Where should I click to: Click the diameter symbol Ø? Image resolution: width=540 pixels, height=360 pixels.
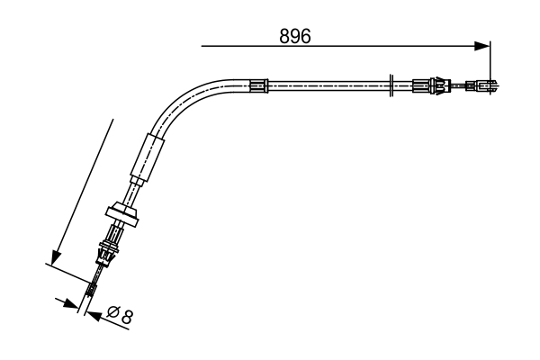pyautogui.click(x=114, y=316)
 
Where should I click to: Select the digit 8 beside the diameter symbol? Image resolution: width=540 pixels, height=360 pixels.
pyautogui.click(x=128, y=316)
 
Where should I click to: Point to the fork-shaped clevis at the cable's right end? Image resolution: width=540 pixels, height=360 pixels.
pyautogui.click(x=486, y=87)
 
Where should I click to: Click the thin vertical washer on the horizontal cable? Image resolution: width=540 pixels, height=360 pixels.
pyautogui.click(x=391, y=87)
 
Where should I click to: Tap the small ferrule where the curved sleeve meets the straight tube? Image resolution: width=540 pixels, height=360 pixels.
pyautogui.click(x=259, y=86)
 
